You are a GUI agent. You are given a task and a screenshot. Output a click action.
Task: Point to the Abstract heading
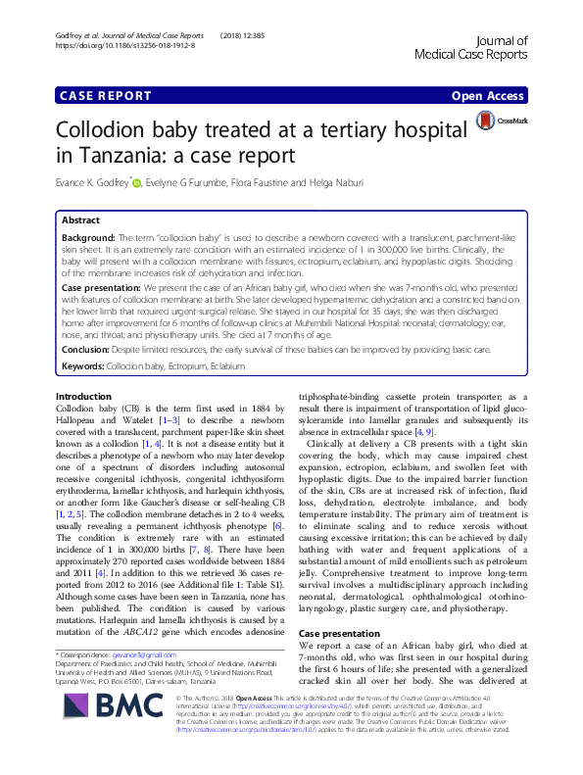click(x=81, y=221)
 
